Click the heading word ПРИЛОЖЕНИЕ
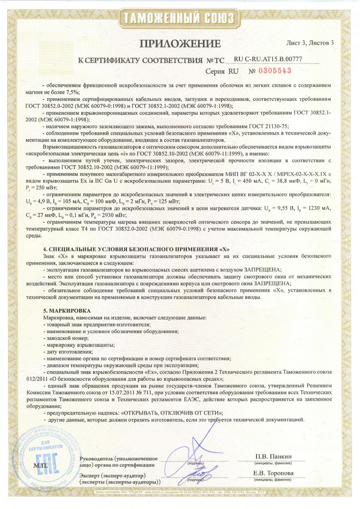[180, 43]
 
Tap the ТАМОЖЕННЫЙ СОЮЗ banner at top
[180, 18]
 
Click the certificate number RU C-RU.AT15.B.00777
[268, 59]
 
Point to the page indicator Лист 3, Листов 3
[310, 43]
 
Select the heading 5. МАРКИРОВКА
[67, 311]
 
